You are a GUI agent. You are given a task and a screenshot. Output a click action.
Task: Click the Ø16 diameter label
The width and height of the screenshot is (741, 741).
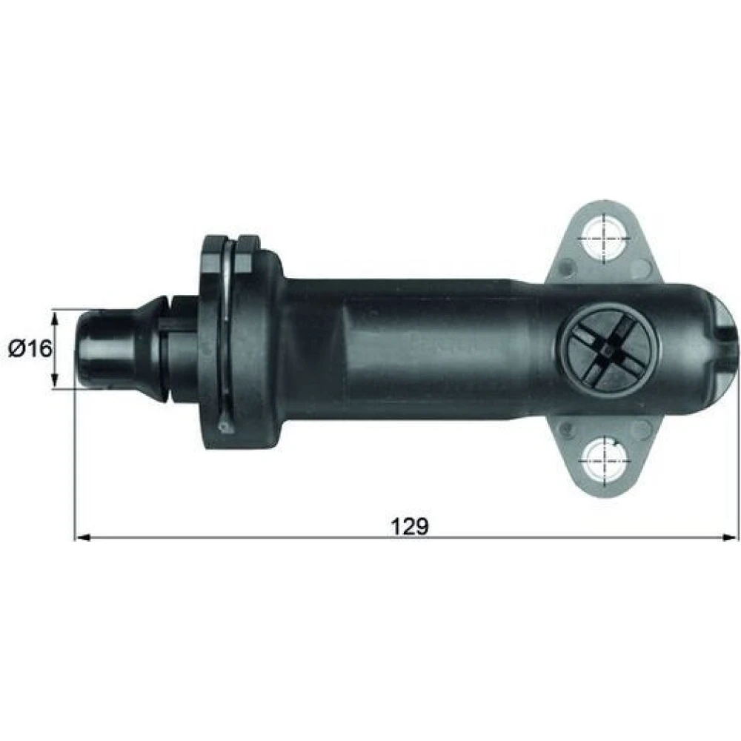coord(30,349)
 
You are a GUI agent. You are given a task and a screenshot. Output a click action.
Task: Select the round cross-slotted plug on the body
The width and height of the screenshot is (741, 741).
coord(605,350)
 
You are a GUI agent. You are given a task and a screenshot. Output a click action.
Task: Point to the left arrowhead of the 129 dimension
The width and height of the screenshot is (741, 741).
coord(83,536)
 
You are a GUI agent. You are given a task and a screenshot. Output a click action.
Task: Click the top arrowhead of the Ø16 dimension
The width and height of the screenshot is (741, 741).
coord(56,319)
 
